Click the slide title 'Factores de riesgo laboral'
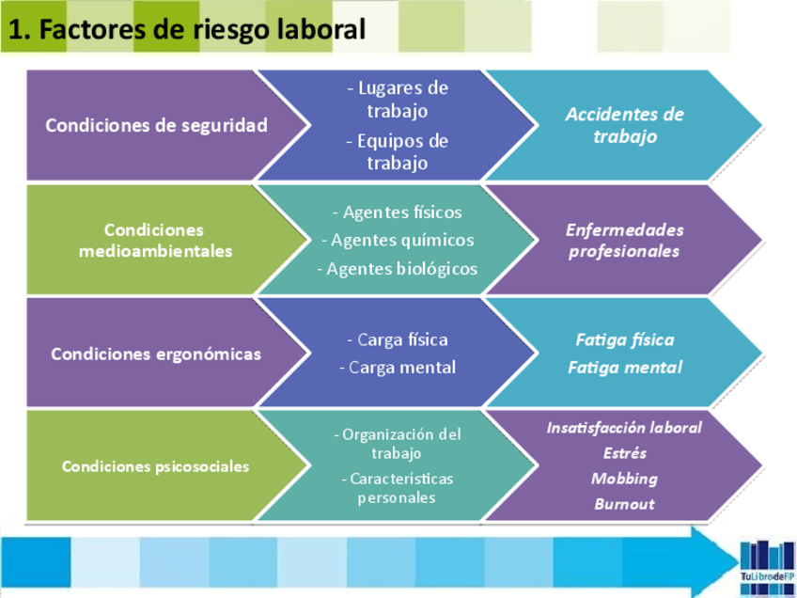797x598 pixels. point(187,29)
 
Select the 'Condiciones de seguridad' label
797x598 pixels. point(156,125)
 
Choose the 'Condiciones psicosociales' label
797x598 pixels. point(156,466)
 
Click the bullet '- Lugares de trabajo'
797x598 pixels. point(398,100)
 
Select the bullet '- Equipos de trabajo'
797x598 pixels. point(398,152)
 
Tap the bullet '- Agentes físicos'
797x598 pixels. point(398,212)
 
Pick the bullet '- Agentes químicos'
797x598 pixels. point(398,241)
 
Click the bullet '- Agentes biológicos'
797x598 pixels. point(398,269)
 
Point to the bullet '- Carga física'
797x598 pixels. point(398,339)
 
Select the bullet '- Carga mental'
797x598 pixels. point(398,368)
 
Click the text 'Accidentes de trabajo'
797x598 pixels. point(625,125)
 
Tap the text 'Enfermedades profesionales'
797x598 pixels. point(625,241)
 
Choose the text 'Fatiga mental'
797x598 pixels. point(625,368)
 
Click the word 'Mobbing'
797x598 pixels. point(625,479)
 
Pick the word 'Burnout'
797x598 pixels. point(625,504)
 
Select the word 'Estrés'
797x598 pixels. point(625,453)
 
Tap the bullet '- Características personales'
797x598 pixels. point(398,488)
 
